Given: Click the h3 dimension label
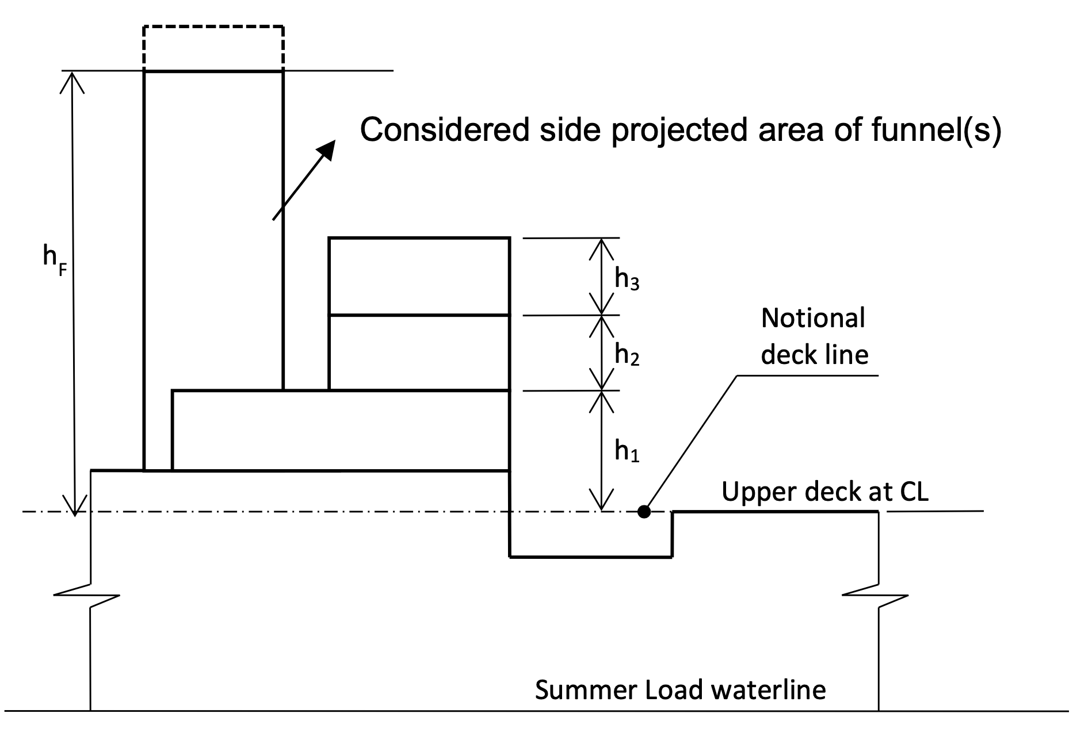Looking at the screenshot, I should (x=627, y=279).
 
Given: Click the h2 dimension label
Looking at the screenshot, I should (x=627, y=354).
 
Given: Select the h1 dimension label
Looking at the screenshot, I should (x=627, y=451).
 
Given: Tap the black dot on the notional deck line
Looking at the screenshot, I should (x=644, y=511).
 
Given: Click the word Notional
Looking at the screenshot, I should (x=812, y=318).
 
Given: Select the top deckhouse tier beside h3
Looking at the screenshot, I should (x=419, y=276).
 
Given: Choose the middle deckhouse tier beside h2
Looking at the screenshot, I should (x=419, y=353).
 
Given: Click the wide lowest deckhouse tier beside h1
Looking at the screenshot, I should (x=341, y=430).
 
